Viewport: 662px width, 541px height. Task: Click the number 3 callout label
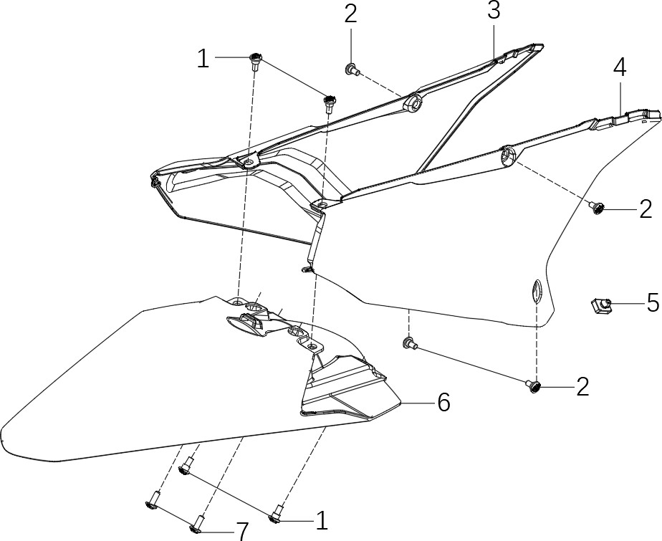coord(493,11)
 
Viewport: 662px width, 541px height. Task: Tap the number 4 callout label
coord(620,68)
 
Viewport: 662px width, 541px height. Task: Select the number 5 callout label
coord(653,302)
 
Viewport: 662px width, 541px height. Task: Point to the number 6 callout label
coord(443,403)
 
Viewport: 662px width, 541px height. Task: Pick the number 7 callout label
coord(242,531)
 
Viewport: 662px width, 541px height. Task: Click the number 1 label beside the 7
coord(322,519)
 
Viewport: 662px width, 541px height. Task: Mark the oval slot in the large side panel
coord(536,292)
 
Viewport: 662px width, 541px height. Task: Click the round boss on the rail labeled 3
coord(413,105)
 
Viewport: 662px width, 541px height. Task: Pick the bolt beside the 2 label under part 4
coord(596,208)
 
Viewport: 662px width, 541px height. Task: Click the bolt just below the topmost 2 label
coord(352,70)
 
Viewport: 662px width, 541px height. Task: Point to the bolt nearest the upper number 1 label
coord(254,61)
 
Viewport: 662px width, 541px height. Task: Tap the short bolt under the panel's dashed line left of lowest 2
coord(409,344)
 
